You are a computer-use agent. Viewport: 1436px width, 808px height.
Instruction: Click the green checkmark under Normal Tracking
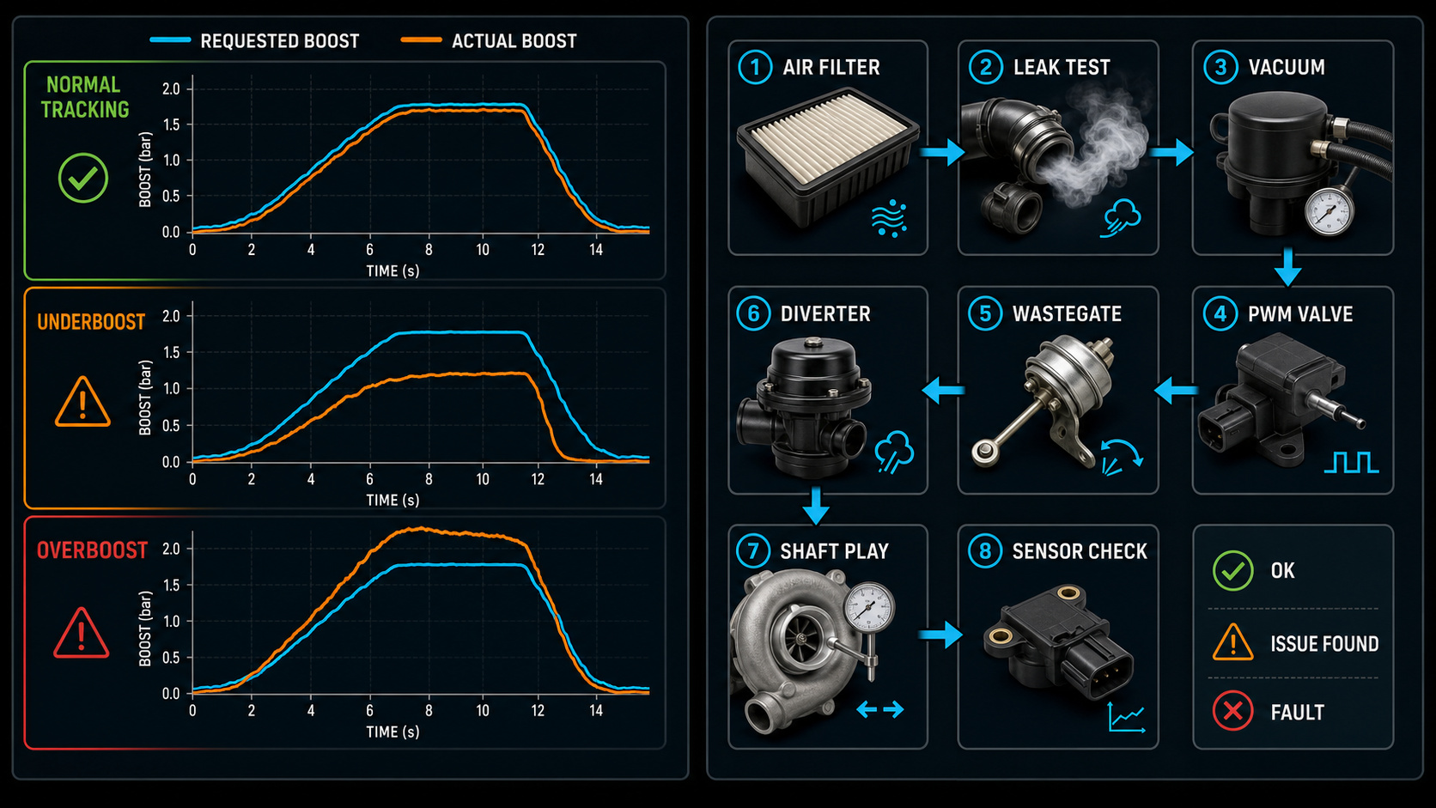[x=82, y=178]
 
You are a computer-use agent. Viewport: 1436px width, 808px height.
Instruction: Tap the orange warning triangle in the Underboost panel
[x=82, y=403]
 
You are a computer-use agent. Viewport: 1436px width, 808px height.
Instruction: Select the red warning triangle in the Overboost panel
[x=82, y=633]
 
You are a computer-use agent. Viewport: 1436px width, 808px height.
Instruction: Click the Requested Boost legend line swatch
[x=170, y=39]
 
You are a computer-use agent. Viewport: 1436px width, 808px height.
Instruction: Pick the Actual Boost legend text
[x=514, y=42]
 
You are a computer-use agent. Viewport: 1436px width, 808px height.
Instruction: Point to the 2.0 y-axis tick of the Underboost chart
[x=171, y=316]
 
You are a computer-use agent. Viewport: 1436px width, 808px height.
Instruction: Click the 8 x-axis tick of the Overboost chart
[x=429, y=711]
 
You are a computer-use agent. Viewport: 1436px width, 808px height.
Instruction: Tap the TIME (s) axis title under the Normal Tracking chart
[x=392, y=271]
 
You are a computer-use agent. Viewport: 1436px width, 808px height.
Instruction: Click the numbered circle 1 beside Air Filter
[x=755, y=67]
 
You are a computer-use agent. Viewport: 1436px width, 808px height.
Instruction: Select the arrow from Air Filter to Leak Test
[x=942, y=153]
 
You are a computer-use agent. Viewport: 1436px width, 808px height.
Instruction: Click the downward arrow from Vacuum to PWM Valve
[x=1287, y=267]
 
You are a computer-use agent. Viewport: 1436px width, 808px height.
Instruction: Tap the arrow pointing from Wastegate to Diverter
[x=943, y=390]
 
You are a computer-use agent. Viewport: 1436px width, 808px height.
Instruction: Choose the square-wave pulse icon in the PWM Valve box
[x=1351, y=462]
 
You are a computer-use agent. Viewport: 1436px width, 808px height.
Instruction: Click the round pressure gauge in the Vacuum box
[x=1330, y=213]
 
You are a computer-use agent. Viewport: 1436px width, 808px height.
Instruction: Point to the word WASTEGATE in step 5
[x=1067, y=314]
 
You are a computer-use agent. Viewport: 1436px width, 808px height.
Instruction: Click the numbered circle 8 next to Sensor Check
[x=985, y=551]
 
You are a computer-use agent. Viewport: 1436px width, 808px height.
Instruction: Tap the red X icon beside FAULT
[x=1232, y=711]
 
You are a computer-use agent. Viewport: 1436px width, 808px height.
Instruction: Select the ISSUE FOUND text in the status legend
[x=1324, y=644]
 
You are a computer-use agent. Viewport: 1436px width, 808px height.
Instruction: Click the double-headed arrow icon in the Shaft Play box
[x=880, y=709]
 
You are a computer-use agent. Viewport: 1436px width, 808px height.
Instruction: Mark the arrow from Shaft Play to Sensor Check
[x=940, y=635]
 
